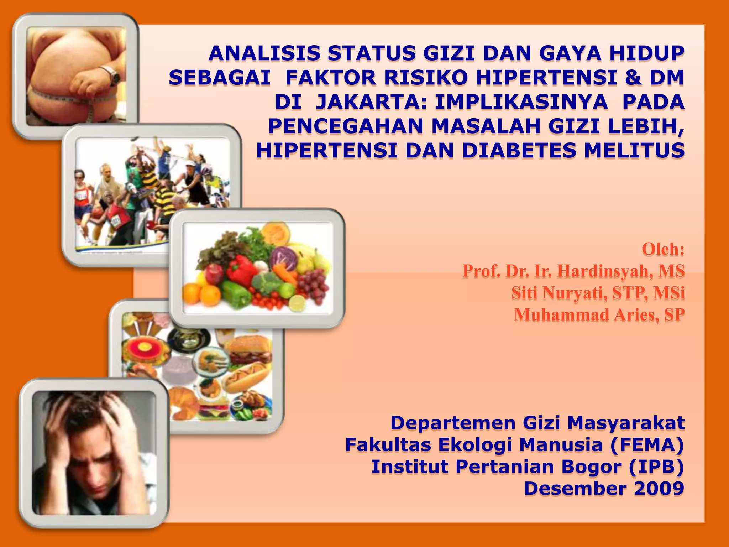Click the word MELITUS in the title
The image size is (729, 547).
coord(634,150)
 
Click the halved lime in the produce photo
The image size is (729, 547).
coord(297,303)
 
